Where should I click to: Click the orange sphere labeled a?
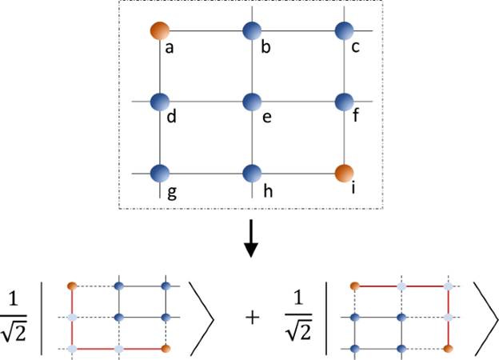pyautogui.click(x=160, y=32)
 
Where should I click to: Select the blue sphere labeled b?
pyautogui.click(x=252, y=32)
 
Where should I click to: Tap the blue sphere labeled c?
pyautogui.click(x=344, y=32)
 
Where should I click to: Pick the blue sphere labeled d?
pyautogui.click(x=160, y=102)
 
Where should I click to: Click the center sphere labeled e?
pyautogui.click(x=252, y=102)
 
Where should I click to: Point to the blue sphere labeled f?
pyautogui.click(x=344, y=102)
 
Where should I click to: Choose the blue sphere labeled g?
pyautogui.click(x=160, y=173)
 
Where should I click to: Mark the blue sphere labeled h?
pyautogui.click(x=252, y=173)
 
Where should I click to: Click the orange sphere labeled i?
pyautogui.click(x=344, y=173)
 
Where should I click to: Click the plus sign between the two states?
pyautogui.click(x=253, y=318)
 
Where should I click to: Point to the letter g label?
pyautogui.click(x=170, y=191)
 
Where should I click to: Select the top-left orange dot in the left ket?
pyautogui.click(x=72, y=286)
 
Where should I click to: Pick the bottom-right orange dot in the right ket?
pyautogui.click(x=448, y=349)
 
